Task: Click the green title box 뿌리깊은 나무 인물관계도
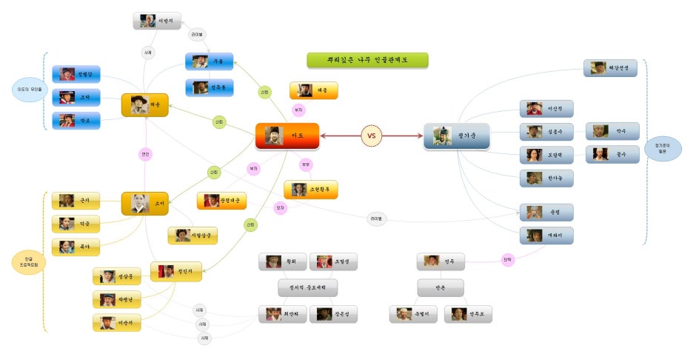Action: pyautogui.click(x=367, y=60)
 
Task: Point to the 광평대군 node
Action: pyautogui.click(x=221, y=201)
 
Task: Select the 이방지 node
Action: pyautogui.click(x=157, y=21)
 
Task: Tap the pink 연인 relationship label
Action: pyautogui.click(x=145, y=154)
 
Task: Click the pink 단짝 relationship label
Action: pyautogui.click(x=507, y=260)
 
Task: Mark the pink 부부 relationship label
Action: pyautogui.click(x=306, y=164)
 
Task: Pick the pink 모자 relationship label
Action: pyautogui.click(x=280, y=208)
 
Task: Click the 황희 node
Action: pyautogui.click(x=282, y=261)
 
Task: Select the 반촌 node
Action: pyautogui.click(x=441, y=287)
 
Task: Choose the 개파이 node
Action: pyautogui.click(x=546, y=236)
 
